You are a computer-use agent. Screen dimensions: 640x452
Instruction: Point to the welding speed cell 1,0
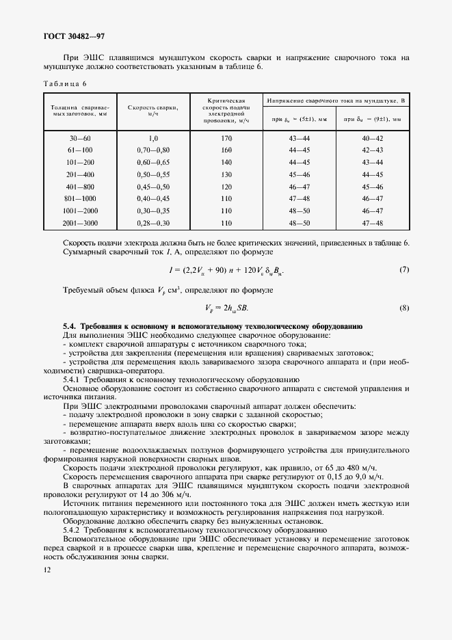tap(153, 138)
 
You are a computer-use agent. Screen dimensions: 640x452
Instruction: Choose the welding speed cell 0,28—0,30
tap(153, 223)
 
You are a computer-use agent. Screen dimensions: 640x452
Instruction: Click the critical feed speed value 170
tap(227, 138)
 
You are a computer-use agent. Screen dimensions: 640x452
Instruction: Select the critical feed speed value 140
tap(227, 162)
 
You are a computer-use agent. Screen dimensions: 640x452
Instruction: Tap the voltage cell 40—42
tap(373, 138)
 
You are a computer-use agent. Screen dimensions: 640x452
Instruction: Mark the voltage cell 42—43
tap(373, 150)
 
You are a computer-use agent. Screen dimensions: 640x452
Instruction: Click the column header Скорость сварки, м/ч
tap(153, 110)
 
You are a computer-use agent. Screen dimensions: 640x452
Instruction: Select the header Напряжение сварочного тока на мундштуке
tap(336, 100)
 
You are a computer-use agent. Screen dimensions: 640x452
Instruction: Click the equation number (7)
tap(403, 270)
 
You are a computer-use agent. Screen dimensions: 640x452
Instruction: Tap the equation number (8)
tap(403, 308)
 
